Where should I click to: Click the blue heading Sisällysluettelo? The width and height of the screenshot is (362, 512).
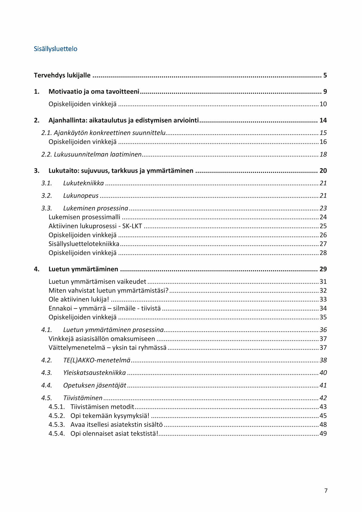tap(55, 49)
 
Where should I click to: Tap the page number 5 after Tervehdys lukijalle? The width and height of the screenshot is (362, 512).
tap(325, 75)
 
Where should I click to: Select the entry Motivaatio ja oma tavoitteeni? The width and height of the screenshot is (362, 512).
tap(94, 92)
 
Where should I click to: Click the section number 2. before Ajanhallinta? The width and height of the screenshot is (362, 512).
tap(37, 120)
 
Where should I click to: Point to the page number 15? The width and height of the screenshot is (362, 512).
tap(323, 133)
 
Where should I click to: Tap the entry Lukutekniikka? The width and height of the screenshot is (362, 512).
tap(83, 183)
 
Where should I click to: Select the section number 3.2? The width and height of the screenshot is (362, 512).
tap(47, 196)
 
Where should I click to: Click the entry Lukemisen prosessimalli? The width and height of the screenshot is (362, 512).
tap(84, 217)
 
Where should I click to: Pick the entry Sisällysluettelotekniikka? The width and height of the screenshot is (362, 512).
tap(84, 244)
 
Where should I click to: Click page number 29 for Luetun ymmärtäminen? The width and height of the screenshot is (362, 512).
tap(323, 269)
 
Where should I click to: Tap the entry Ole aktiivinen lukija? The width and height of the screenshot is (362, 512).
tap(78, 299)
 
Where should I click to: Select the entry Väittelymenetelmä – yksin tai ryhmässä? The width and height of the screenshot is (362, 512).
tap(107, 347)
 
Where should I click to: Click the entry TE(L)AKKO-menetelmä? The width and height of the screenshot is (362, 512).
tap(96, 360)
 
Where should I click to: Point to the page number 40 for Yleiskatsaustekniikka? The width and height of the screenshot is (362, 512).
tap(323, 373)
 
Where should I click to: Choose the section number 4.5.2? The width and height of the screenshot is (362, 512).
tap(57, 416)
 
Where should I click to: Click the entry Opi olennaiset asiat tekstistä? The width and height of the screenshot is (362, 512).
tap(114, 434)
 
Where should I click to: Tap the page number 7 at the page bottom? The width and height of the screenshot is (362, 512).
tap(326, 490)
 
